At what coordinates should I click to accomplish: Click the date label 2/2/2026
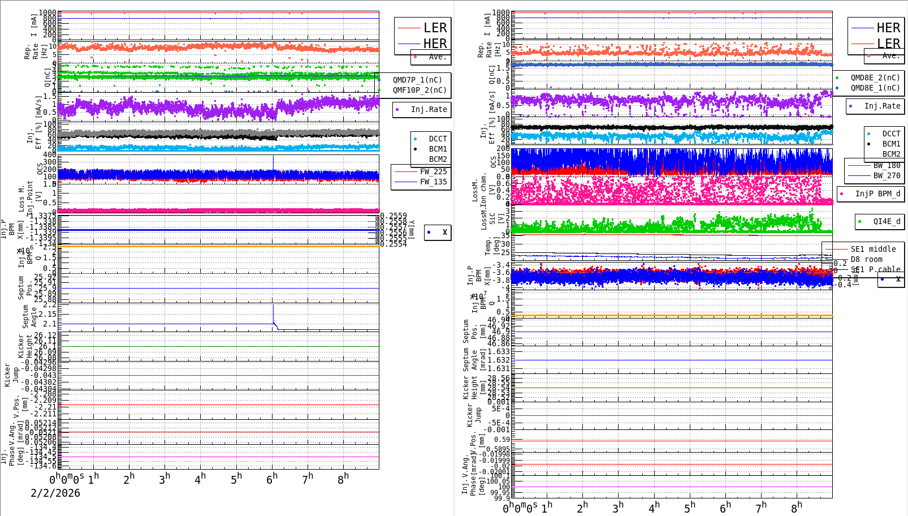[55, 493]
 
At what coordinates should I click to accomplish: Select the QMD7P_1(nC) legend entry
[417, 80]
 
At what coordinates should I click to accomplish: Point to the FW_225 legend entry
[433, 171]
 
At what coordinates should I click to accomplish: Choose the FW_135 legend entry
[433, 182]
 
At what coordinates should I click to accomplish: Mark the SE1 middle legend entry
[873, 249]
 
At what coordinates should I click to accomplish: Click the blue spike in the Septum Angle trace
[274, 313]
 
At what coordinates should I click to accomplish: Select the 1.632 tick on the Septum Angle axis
[499, 360]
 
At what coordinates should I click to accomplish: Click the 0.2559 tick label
[394, 216]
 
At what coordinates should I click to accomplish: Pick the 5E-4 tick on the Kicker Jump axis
[500, 408]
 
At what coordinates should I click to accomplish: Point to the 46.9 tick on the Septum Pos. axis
[500, 332]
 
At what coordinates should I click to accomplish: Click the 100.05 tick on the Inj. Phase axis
[500, 481]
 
